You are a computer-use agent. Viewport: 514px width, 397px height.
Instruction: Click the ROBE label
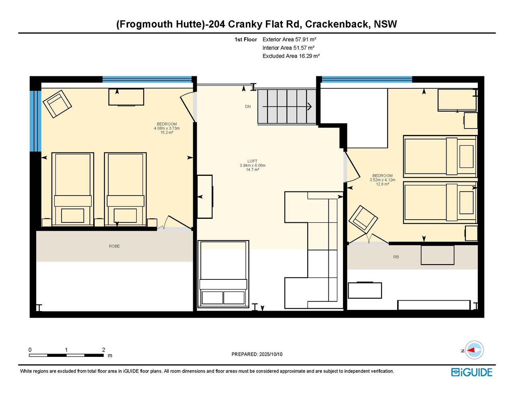coord(114,246)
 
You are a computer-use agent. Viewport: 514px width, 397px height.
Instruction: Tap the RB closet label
coord(396,257)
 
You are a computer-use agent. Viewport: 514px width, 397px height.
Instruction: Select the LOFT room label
coord(253,161)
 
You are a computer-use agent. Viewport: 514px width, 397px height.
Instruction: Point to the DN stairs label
coord(248,106)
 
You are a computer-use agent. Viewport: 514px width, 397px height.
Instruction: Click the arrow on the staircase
coord(287,106)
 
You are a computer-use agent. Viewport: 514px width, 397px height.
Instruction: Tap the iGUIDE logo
coord(472,372)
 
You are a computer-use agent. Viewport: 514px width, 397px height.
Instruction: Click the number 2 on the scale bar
coord(103,350)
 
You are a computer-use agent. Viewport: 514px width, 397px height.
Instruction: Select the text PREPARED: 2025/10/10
coord(257,354)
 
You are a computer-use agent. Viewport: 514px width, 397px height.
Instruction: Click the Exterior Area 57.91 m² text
coord(289,39)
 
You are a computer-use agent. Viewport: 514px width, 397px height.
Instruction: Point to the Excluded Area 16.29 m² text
coord(291,56)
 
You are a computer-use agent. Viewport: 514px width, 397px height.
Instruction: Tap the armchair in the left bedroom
coord(57,104)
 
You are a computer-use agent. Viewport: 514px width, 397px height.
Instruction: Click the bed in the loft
coord(223,274)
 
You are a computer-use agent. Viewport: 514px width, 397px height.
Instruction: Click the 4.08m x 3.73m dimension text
coord(167,128)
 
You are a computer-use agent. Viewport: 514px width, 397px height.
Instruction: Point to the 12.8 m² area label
coord(382,184)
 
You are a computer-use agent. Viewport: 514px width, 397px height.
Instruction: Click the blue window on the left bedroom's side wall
coord(35,121)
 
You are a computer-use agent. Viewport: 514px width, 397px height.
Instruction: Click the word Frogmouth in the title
coord(145,24)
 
